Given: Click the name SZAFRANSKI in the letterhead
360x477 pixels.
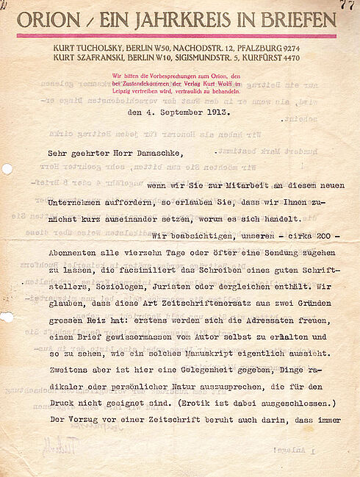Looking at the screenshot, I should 106,59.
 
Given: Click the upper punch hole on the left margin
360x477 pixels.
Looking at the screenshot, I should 6,169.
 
